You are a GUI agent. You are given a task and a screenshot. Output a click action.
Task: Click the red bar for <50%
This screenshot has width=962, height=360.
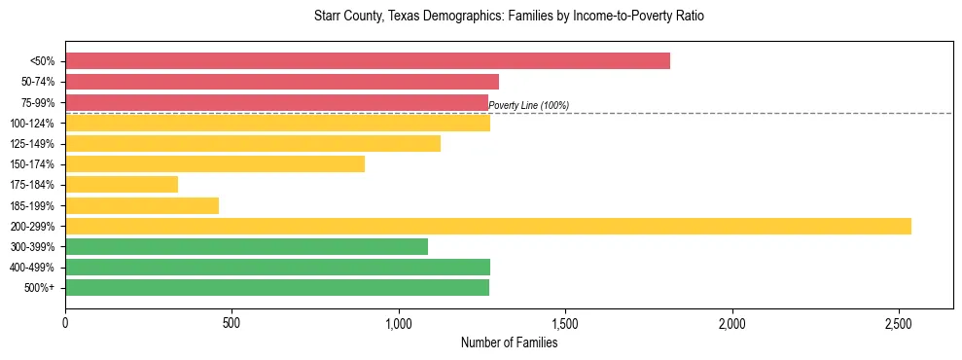[x=368, y=61]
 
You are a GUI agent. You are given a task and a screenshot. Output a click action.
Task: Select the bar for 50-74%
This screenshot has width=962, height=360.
[x=282, y=82]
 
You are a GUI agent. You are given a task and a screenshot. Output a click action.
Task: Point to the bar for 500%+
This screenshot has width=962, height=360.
[x=277, y=287]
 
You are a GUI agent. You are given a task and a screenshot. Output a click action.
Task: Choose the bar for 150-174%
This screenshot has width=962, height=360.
[x=215, y=164]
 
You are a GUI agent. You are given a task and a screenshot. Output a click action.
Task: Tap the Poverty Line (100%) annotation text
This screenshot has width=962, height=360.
[x=528, y=106]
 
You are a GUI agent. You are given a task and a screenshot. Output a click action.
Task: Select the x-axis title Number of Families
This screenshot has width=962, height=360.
[x=510, y=342]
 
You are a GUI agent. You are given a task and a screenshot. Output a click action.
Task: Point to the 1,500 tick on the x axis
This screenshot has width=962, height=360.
[x=565, y=322]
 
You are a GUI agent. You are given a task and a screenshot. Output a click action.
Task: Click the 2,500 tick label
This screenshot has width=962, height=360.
[x=899, y=322]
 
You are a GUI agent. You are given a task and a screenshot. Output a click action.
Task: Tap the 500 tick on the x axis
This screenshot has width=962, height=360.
[x=232, y=322]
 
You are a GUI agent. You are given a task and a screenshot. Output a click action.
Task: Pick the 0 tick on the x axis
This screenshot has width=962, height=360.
[x=65, y=322]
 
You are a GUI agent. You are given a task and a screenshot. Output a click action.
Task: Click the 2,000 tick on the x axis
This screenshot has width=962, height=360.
[x=731, y=322]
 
